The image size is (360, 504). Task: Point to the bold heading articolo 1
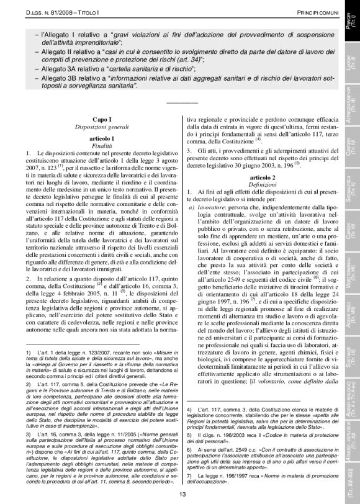click(93, 136)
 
